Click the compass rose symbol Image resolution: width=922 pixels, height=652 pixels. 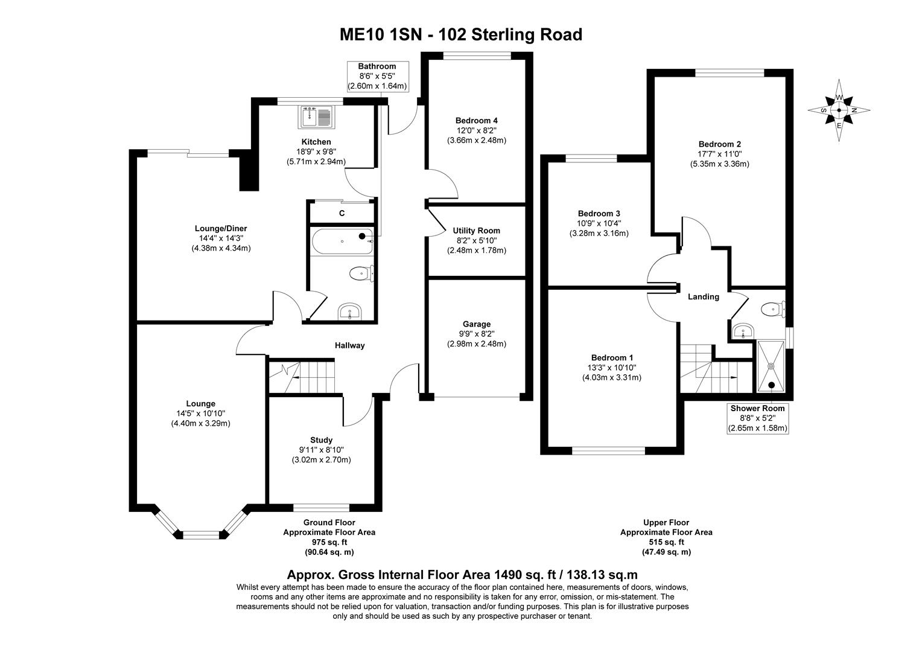839,110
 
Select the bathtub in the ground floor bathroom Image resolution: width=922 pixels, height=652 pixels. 342,241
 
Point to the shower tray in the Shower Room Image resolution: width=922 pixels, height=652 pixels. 771,366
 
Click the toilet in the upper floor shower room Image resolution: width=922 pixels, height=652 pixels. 773,310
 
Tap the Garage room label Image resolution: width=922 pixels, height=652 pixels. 477,324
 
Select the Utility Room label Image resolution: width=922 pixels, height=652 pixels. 477,231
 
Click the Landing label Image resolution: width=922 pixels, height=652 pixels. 704,296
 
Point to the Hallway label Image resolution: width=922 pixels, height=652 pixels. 350,345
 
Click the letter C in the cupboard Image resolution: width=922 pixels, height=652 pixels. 342,213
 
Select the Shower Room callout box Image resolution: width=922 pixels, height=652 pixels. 757,418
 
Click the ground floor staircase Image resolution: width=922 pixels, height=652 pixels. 301,377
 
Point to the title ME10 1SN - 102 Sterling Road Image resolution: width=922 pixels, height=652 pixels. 461,34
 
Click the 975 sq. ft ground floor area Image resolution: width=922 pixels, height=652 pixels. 329,542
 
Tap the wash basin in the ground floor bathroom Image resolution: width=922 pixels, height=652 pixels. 349,312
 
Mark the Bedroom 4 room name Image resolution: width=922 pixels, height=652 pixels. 477,120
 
